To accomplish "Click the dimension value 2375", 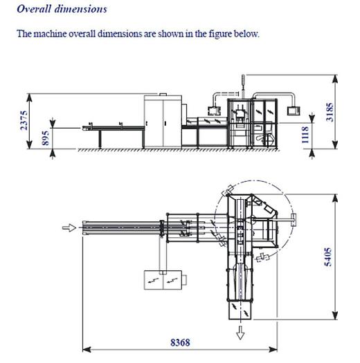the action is click(x=24, y=120).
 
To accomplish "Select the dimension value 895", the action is click(x=46, y=138).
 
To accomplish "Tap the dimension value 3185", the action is click(x=330, y=112).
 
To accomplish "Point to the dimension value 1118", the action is click(x=305, y=135).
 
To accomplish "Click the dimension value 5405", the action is click(x=328, y=257).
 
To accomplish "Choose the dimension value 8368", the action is click(x=180, y=342).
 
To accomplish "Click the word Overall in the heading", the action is click(x=34, y=9).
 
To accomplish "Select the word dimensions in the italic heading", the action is click(x=81, y=9).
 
